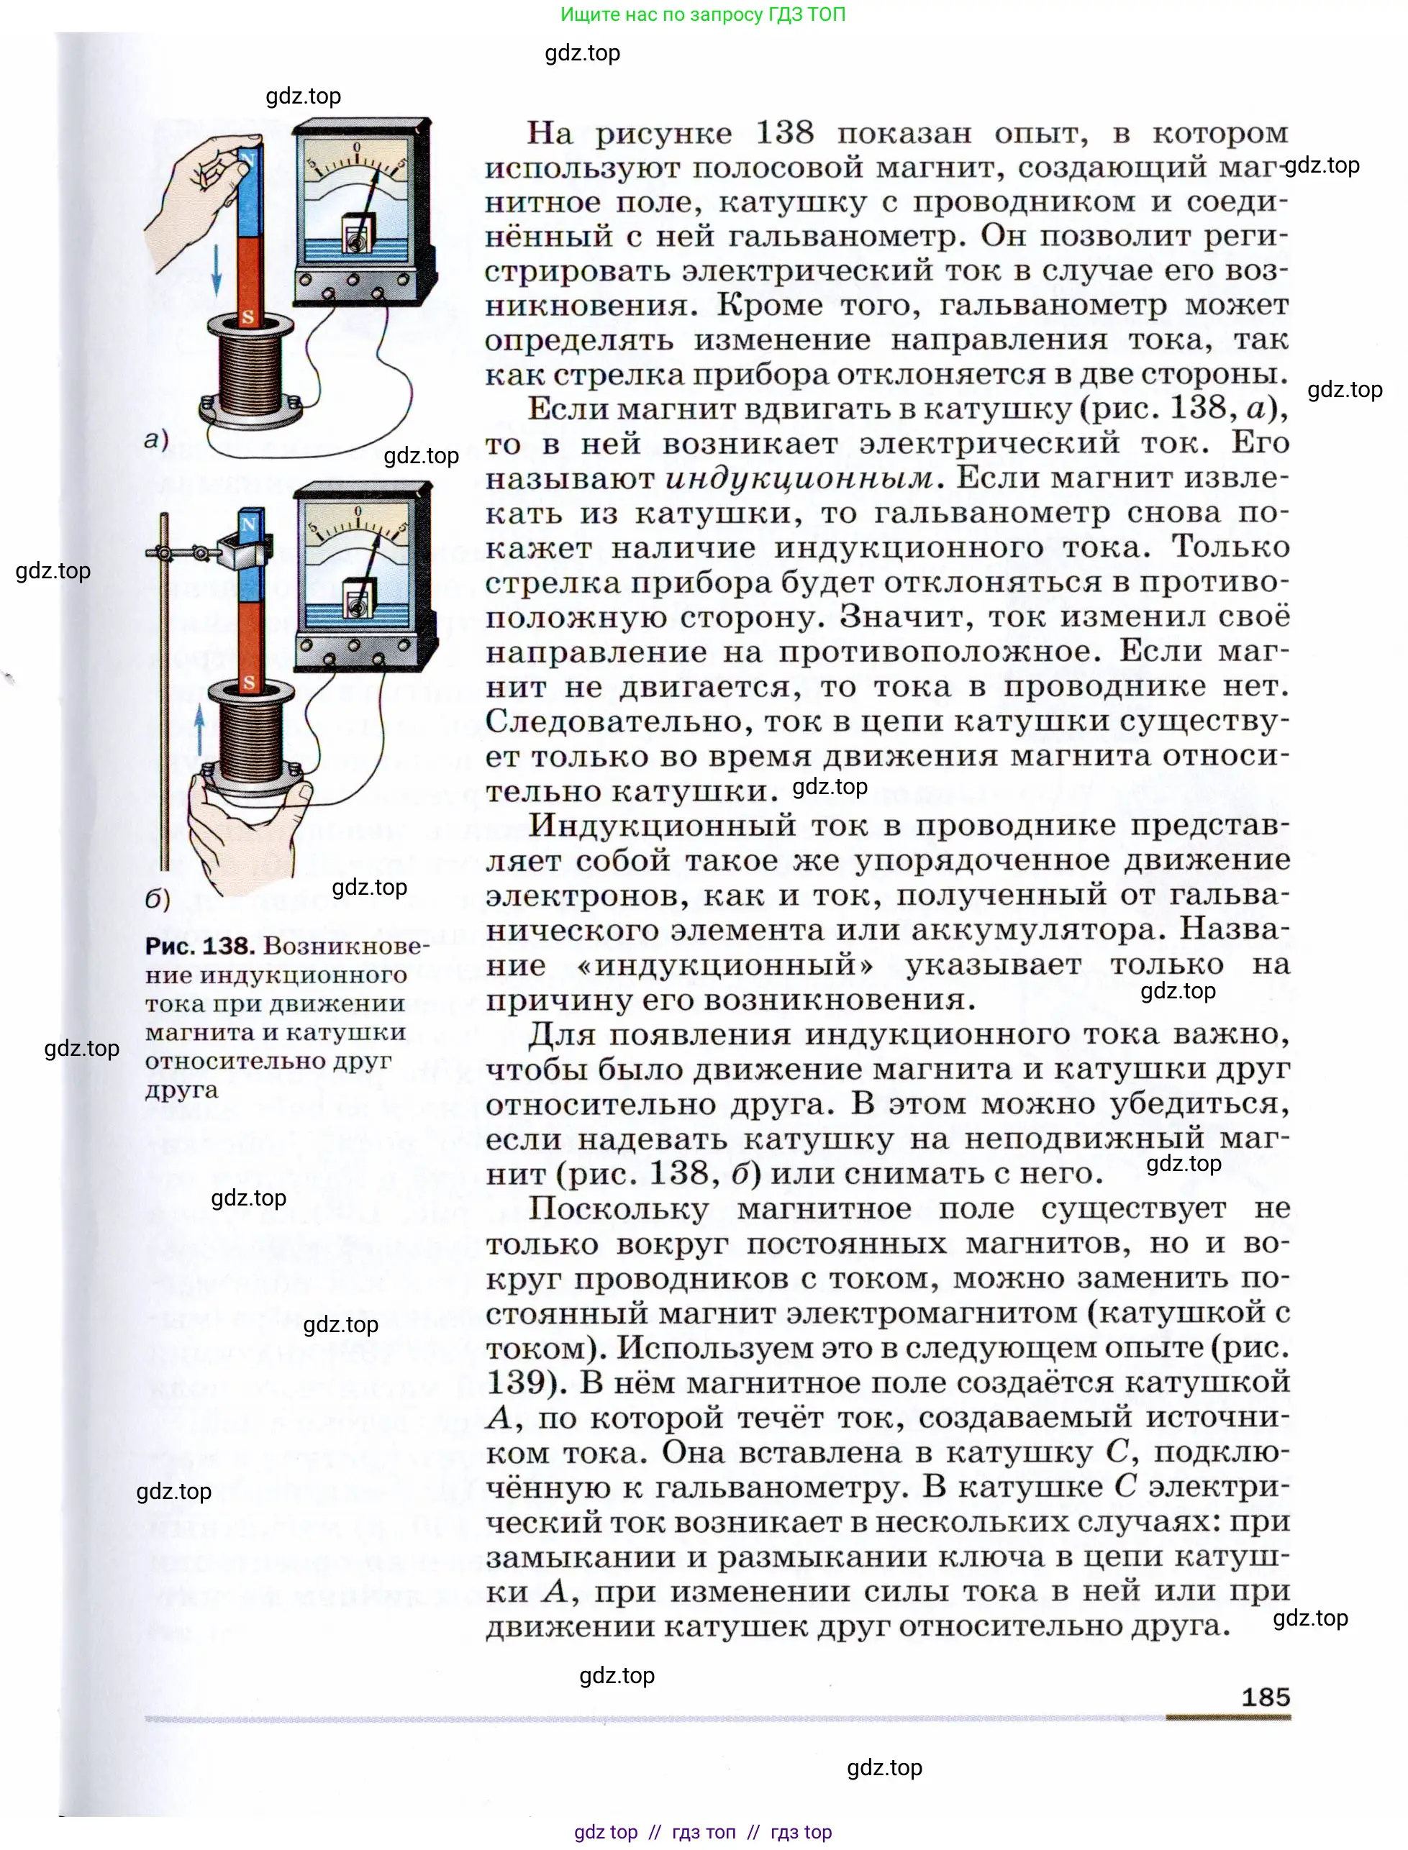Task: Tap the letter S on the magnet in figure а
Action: point(248,317)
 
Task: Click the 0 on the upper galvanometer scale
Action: point(357,147)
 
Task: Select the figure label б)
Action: point(158,899)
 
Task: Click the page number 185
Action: point(1266,1697)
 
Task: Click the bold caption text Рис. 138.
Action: point(199,946)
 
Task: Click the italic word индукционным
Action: point(799,478)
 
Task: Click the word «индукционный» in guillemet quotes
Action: point(726,965)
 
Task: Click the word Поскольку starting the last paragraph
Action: point(619,1208)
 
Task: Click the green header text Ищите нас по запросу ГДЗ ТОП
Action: point(702,14)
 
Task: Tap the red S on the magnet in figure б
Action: point(249,682)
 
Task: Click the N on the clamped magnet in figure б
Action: point(249,525)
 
